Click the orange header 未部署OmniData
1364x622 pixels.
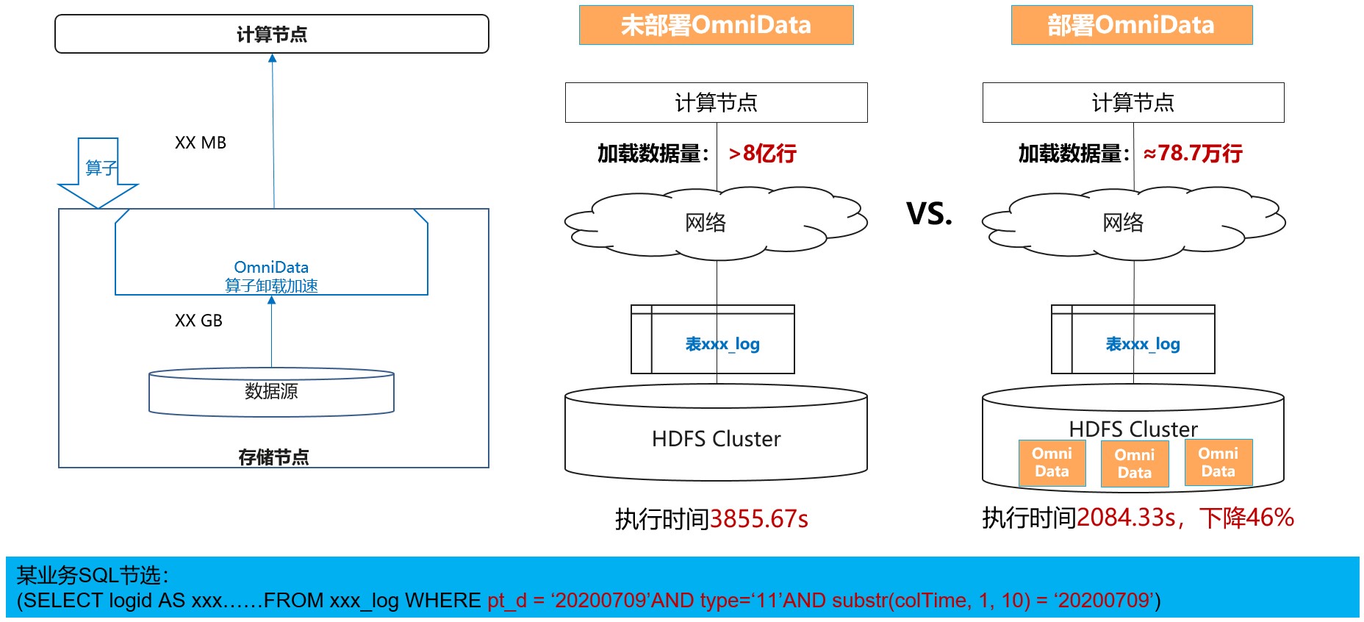click(x=716, y=26)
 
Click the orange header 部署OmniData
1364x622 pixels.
click(x=1131, y=26)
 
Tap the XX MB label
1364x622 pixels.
click(x=200, y=143)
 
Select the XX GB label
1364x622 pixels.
click(x=198, y=321)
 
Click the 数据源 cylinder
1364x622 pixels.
click(x=271, y=393)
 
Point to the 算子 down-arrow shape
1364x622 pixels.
click(x=98, y=171)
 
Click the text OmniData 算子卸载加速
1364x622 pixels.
click(x=271, y=276)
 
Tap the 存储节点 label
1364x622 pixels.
click(x=273, y=457)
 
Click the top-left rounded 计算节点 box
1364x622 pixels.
click(x=272, y=35)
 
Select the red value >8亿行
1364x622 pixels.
click(x=762, y=154)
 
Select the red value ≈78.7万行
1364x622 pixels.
click(x=1192, y=154)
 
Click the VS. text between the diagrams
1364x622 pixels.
click(x=929, y=214)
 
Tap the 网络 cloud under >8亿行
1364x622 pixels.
click(x=706, y=222)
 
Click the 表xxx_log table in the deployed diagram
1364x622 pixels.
click(x=1142, y=343)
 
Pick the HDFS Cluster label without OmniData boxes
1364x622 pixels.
click(x=716, y=439)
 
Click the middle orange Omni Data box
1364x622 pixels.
click(x=1134, y=463)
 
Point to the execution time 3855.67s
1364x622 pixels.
click(x=758, y=519)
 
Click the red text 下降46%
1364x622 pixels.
click(x=1246, y=518)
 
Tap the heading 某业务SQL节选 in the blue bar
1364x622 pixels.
click(x=93, y=575)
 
